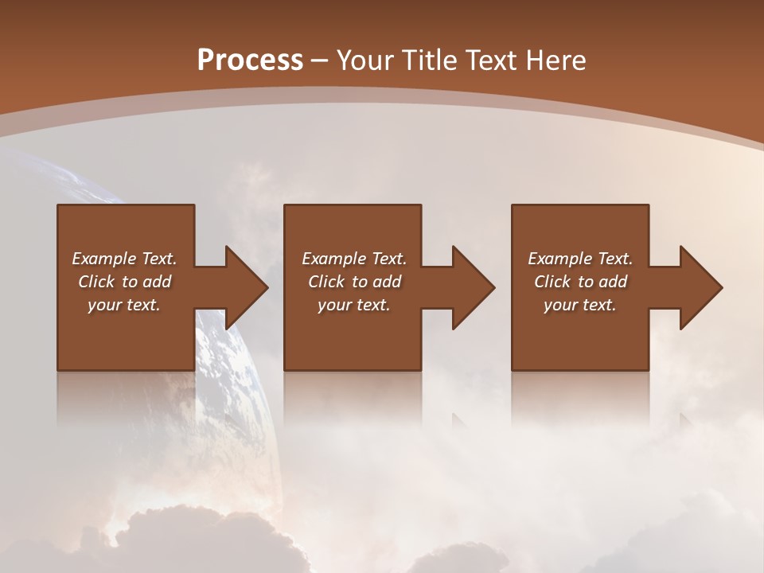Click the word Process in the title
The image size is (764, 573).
(x=250, y=60)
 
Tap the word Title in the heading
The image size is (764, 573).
(x=429, y=60)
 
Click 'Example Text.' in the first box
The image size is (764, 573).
(x=125, y=259)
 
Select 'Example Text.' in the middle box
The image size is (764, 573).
(x=354, y=259)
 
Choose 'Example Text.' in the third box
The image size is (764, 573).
(x=580, y=259)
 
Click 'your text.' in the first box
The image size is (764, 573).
(x=124, y=305)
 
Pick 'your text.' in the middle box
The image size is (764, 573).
(x=354, y=305)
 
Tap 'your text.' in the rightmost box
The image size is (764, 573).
(x=580, y=305)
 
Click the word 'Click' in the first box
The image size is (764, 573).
(x=96, y=282)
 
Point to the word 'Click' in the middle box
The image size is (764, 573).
(x=326, y=282)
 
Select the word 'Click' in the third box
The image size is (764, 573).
(x=552, y=282)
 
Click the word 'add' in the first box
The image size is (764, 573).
(x=157, y=282)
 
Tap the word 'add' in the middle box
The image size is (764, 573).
(x=387, y=282)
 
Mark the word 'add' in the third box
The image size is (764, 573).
(x=613, y=282)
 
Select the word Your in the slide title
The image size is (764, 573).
(x=365, y=60)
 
